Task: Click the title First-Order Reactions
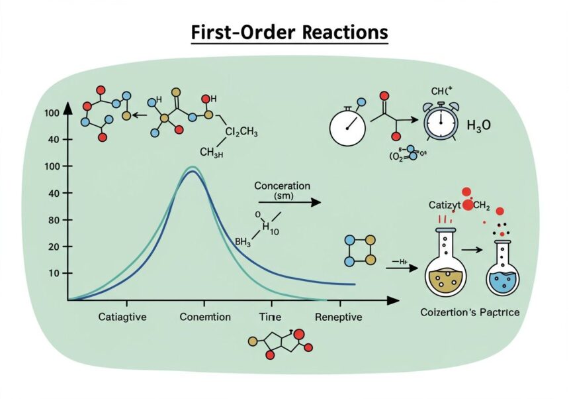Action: tap(289, 33)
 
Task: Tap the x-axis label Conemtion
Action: tap(205, 317)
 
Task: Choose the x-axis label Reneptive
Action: tap(338, 317)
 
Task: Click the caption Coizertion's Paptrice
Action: tap(469, 312)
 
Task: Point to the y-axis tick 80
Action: tap(54, 219)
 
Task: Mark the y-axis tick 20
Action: tap(54, 247)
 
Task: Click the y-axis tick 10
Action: tap(54, 273)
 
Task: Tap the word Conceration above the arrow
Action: tap(282, 186)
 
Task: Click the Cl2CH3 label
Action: tap(241, 132)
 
